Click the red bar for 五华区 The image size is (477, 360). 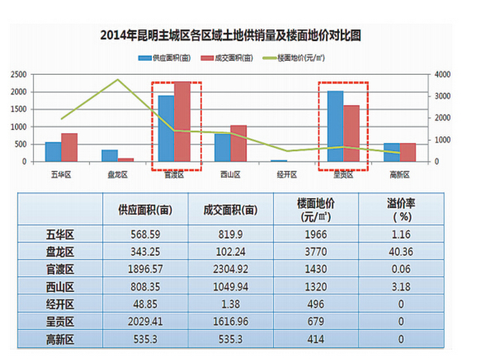[69, 147]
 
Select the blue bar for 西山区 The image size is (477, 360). [223, 147]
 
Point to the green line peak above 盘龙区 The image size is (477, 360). [117, 80]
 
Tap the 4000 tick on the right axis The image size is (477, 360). [443, 75]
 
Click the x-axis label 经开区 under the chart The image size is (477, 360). [288, 175]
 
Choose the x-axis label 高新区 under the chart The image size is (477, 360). [401, 175]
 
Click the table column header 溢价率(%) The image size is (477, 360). [401, 209]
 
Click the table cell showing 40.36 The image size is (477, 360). [401, 251]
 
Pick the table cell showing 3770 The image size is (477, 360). [315, 251]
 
